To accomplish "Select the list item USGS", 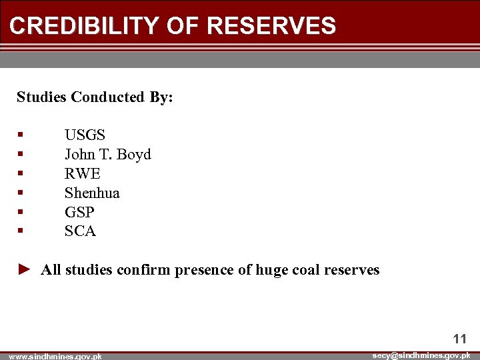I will click(85, 135).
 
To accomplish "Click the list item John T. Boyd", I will click(107, 155).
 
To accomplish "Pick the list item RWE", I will click(82, 174).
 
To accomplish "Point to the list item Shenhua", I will click(92, 193).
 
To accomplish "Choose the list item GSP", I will click(79, 212).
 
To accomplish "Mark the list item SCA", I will click(80, 231).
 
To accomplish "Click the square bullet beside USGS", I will click(21, 135).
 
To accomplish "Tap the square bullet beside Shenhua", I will click(21, 193).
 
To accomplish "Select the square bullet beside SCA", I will click(21, 231).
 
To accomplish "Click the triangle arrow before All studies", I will click(24, 269).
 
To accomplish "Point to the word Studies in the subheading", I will click(42, 97).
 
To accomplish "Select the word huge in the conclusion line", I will click(272, 271).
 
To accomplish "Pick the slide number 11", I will click(459, 339).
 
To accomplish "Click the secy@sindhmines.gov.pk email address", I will click(421, 355).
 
